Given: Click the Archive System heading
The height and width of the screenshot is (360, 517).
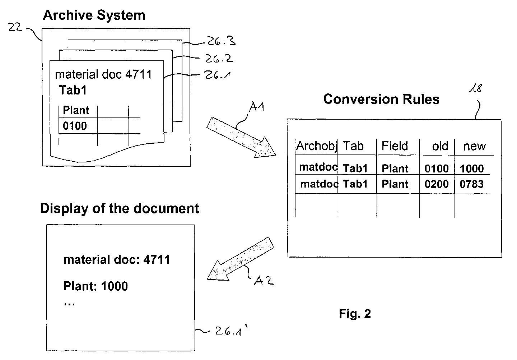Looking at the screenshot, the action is point(94,15).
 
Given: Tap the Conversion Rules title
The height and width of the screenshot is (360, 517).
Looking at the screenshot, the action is point(381,99).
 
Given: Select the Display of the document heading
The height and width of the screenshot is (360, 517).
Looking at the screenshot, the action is point(120,208).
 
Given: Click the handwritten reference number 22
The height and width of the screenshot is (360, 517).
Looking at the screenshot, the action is point(15,27).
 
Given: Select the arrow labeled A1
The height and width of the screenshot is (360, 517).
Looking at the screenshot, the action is point(241,137).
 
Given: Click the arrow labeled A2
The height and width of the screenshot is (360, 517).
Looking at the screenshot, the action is point(241,259).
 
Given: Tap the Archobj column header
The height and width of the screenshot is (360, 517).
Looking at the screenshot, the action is point(316,146).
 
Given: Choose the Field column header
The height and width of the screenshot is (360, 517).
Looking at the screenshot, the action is point(395,146).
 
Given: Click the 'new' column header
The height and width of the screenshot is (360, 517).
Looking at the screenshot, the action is point(475,146).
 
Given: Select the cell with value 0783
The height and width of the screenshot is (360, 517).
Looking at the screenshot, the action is point(471,184).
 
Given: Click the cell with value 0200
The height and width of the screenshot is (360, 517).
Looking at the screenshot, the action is point(437,184).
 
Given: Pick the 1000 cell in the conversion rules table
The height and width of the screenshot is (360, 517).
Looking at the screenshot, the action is point(471,169).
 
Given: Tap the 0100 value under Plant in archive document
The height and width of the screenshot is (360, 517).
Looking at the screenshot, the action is point(75,126).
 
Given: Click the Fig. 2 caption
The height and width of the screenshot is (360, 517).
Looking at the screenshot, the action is point(355,314).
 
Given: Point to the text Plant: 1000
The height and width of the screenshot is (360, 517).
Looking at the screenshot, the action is point(96,286).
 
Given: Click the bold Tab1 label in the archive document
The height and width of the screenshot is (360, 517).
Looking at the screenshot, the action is point(73,90).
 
